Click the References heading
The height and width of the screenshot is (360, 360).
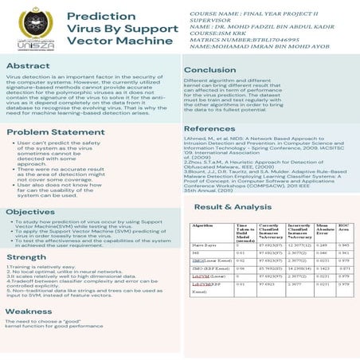click(x=209, y=128)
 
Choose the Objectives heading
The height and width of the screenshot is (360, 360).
click(x=31, y=211)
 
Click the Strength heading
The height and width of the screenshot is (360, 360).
click(x=26, y=257)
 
